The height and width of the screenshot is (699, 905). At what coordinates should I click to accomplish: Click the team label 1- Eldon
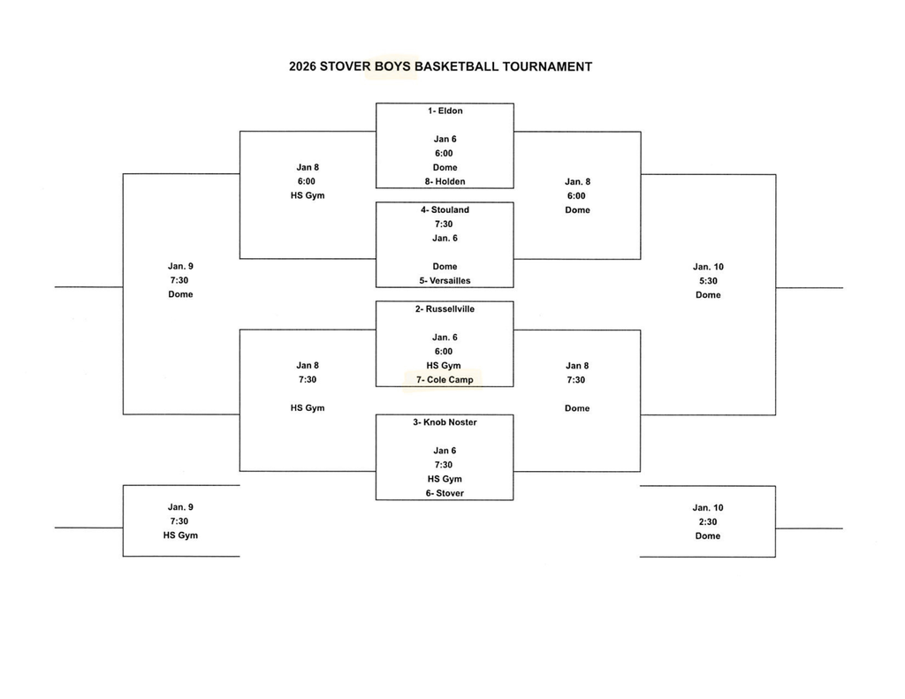445,110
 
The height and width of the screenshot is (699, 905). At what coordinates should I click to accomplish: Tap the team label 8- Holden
445,181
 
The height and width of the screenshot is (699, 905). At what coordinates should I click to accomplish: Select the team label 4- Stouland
445,209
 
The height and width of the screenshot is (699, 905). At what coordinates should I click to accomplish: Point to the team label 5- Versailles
445,280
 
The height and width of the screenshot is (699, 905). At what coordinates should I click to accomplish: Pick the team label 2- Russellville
445,309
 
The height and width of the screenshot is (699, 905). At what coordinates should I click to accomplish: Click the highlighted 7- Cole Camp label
445,380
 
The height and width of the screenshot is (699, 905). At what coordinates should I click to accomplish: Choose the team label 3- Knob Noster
445,422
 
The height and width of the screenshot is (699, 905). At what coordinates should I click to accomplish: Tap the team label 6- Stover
445,493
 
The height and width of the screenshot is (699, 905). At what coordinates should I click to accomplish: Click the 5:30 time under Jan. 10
708,280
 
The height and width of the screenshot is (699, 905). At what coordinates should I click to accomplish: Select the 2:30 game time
708,521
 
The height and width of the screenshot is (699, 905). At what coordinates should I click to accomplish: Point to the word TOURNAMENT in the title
547,66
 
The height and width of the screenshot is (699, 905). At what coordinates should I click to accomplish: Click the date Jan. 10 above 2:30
708,507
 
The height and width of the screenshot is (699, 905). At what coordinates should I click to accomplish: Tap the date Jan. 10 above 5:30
708,266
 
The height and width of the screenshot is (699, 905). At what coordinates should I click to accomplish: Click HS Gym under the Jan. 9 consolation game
180,536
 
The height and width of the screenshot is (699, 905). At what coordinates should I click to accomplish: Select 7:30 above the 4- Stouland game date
445,224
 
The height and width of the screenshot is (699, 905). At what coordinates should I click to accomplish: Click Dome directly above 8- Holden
445,167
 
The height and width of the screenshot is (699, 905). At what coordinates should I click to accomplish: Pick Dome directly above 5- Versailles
445,266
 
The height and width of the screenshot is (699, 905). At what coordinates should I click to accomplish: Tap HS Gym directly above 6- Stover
445,479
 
